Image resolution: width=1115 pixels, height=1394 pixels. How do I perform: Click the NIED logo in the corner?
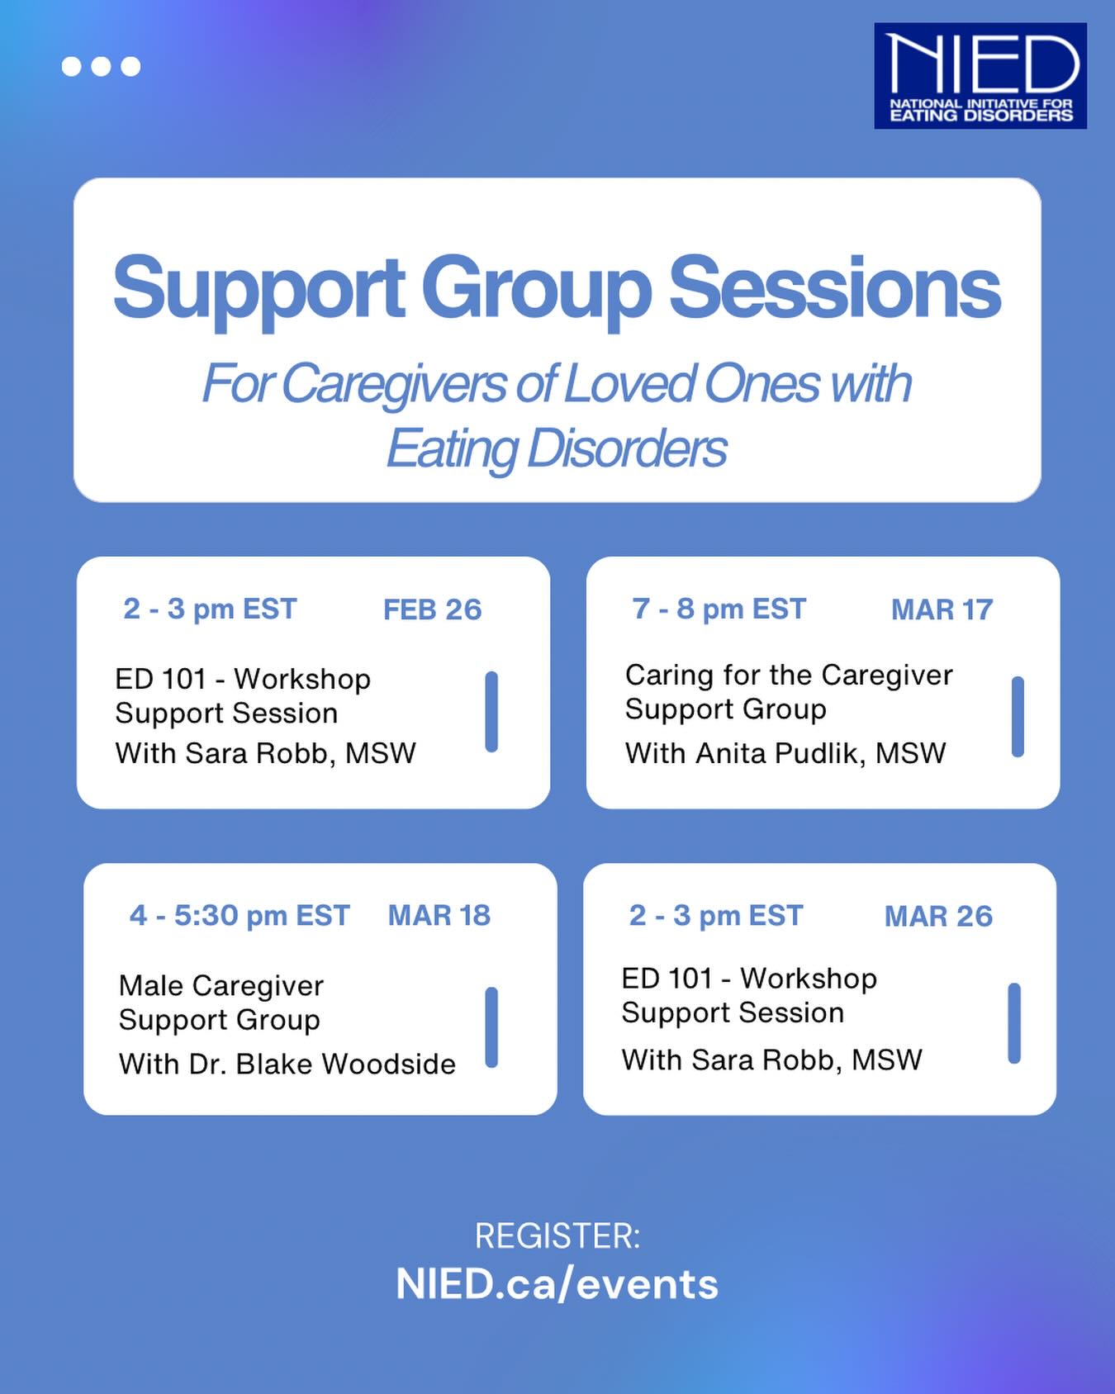(980, 76)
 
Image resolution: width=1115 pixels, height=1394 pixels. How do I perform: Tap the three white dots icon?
(101, 66)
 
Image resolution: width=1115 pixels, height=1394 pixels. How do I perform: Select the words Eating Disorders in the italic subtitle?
(557, 448)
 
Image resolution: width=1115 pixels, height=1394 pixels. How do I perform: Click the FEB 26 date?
(432, 609)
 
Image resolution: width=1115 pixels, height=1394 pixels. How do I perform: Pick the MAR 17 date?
(942, 609)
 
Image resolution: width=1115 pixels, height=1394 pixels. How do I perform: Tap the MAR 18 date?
(439, 916)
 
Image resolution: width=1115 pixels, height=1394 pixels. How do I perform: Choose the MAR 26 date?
(938, 916)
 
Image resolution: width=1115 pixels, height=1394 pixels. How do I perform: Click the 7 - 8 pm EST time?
(719, 609)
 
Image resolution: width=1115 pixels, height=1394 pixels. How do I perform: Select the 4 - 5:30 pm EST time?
(240, 916)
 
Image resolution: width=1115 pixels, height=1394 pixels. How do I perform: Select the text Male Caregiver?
(221, 986)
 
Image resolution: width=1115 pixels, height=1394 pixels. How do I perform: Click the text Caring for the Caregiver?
(789, 676)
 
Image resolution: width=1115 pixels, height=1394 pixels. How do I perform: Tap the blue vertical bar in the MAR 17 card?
(1018, 716)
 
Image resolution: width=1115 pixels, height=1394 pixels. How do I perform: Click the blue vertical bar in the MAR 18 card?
(491, 1027)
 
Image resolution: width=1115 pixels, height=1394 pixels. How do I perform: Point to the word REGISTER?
(557, 1236)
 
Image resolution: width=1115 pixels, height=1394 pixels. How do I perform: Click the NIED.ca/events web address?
(557, 1284)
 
